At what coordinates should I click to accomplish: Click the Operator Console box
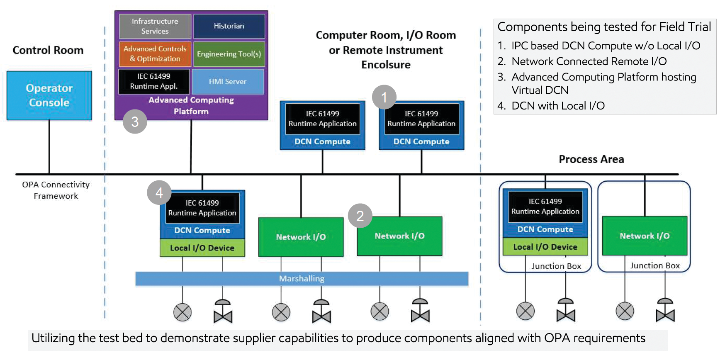pos(49,95)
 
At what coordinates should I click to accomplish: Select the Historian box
pos(229,26)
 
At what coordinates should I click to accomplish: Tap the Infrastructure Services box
pos(155,26)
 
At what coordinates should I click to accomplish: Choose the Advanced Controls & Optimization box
pos(155,54)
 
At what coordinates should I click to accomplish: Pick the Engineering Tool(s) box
pos(229,54)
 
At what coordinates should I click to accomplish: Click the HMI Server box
pos(228,82)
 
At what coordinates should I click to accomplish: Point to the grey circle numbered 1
pos(384,97)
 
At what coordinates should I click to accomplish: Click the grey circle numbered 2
pos(360,216)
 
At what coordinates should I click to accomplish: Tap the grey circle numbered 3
pos(135,122)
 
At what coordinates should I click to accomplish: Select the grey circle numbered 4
pos(159,192)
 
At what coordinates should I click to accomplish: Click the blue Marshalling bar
pos(302,279)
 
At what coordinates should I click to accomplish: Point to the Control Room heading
pos(48,50)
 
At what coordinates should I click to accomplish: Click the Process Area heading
pos(591,159)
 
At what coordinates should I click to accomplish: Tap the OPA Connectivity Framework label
pos(56,190)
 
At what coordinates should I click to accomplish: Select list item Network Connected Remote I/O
pos(589,61)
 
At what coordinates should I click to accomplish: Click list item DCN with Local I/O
pos(557,106)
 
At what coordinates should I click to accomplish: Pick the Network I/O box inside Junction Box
pos(644,236)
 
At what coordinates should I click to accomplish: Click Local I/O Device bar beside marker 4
pos(202,248)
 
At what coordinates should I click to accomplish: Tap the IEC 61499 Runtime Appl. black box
pos(154,81)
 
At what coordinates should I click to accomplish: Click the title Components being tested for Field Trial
pos(604,27)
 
